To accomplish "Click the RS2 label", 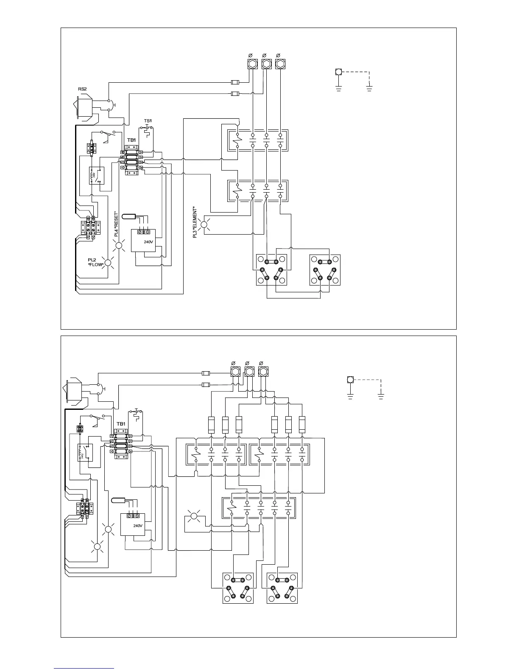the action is [x=82, y=89].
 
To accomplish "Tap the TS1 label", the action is [x=148, y=121].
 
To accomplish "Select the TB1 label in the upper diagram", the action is [x=131, y=140].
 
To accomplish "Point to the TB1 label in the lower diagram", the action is [x=121, y=424].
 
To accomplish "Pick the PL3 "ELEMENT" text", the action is [x=195, y=222].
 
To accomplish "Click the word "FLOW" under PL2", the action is [x=95, y=264].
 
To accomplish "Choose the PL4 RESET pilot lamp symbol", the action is [x=119, y=245].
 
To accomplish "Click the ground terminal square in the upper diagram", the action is [x=338, y=71].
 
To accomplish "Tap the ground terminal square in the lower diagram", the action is [x=350, y=379].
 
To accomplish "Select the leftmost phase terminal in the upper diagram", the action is [x=252, y=64].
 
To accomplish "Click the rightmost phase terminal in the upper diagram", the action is [x=280, y=64].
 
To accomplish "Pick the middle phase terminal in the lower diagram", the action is [x=249, y=372].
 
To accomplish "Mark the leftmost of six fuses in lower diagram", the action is [x=212, y=425].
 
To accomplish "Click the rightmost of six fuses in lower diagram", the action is [x=302, y=425].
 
